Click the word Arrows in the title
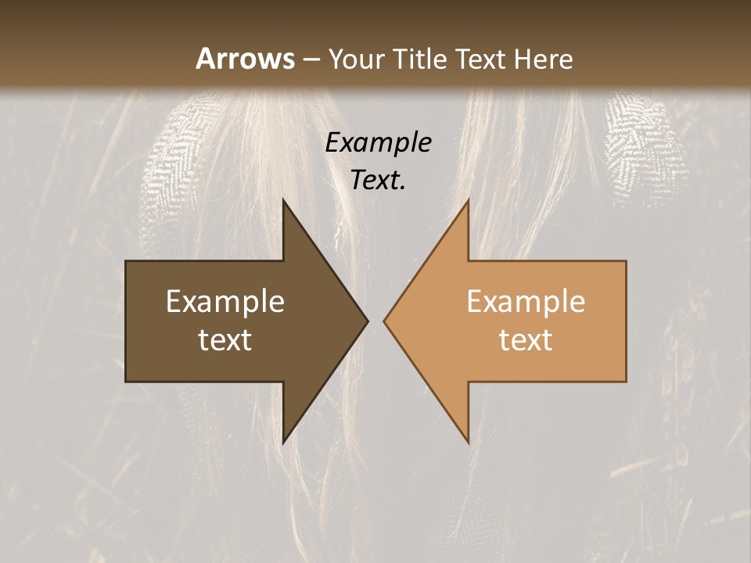point(245,59)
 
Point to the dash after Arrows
point(311,59)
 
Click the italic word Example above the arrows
point(378,143)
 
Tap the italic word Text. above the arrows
point(378,181)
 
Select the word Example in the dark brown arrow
point(225,302)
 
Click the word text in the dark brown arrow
point(225,339)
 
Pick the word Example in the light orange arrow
point(526,302)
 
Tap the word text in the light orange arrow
point(526,339)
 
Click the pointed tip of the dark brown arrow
point(366,321)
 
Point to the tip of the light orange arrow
point(386,321)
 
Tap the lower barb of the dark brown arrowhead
point(285,439)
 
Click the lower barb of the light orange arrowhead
point(467,439)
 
